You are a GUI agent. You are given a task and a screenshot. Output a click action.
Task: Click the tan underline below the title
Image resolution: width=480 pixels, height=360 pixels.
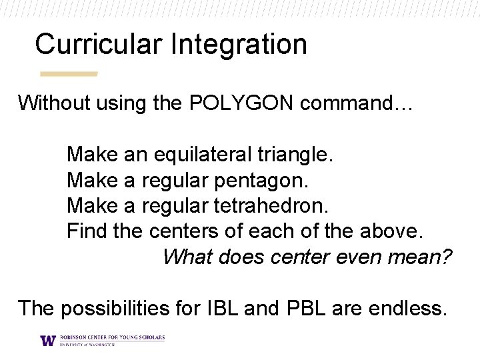pyautogui.click(x=69, y=73)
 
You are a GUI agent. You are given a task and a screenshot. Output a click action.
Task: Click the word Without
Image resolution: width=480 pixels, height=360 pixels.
pyautogui.click(x=54, y=103)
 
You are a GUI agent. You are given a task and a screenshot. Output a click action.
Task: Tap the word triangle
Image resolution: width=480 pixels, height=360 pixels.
pyautogui.click(x=295, y=155)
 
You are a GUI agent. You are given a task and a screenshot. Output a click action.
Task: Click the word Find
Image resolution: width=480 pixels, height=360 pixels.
pyautogui.click(x=83, y=231)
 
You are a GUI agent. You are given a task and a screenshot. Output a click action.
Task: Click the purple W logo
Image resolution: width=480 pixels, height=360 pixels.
pyautogui.click(x=48, y=340)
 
